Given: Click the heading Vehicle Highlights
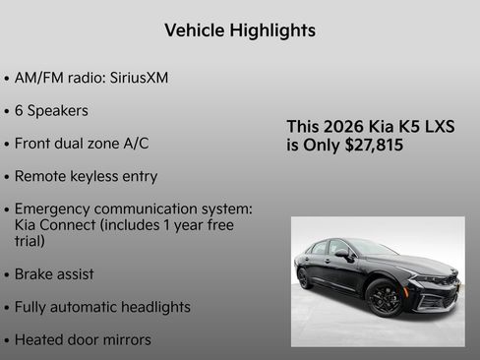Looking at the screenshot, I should pyautogui.click(x=240, y=30).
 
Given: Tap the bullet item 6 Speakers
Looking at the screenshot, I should pyautogui.click(x=51, y=110).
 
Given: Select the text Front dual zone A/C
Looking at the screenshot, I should pyautogui.click(x=82, y=143).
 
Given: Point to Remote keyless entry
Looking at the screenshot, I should pyautogui.click(x=86, y=176).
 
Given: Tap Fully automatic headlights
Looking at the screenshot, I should pyautogui.click(x=102, y=307).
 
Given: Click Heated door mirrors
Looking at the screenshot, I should pyautogui.click(x=83, y=339).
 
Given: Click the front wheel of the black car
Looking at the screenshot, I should pyautogui.click(x=383, y=296).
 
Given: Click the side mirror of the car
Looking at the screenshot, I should pyautogui.click(x=343, y=254).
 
